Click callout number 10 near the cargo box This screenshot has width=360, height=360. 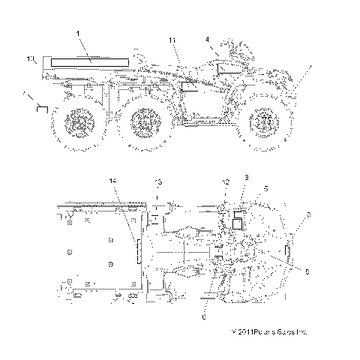pyautogui.click(x=30, y=58)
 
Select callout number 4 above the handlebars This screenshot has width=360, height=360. pyautogui.click(x=207, y=37)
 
